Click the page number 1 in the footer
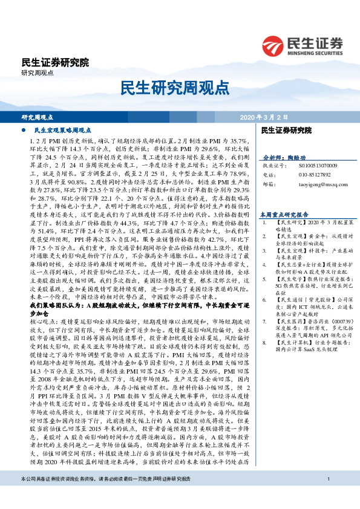327,496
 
